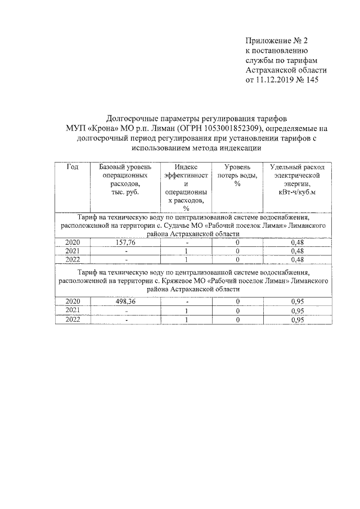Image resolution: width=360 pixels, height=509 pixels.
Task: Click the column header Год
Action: [72, 167]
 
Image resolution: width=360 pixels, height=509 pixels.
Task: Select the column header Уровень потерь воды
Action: [237, 172]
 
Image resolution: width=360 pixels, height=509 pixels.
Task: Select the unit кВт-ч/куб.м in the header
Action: [297, 193]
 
